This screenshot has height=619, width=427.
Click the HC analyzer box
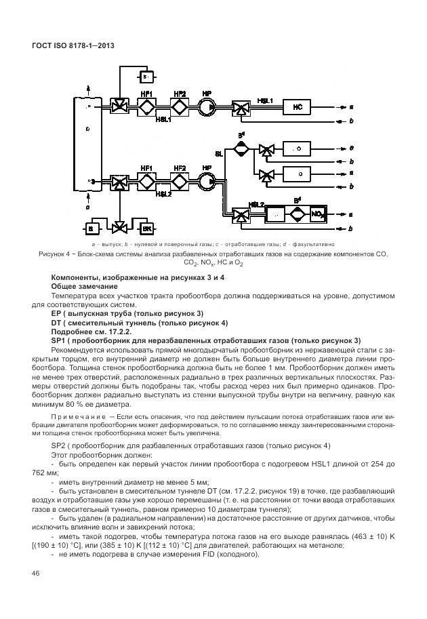pyautogui.click(x=297, y=106)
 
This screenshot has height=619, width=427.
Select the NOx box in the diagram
pyautogui.click(x=317, y=216)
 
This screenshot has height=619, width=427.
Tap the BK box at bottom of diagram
pyautogui.click(x=147, y=228)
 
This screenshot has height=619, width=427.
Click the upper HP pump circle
pyautogui.click(x=206, y=106)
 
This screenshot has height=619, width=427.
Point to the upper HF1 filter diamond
pyautogui.click(x=146, y=106)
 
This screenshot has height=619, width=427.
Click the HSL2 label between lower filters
pyautogui.click(x=163, y=194)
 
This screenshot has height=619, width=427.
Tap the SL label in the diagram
pyautogui.click(x=219, y=154)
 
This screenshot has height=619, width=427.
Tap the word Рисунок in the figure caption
pyautogui.click(x=53, y=254)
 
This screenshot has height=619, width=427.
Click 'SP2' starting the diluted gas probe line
pyautogui.click(x=60, y=445)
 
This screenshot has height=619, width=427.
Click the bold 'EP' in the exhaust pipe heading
pyautogui.click(x=56, y=313)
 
